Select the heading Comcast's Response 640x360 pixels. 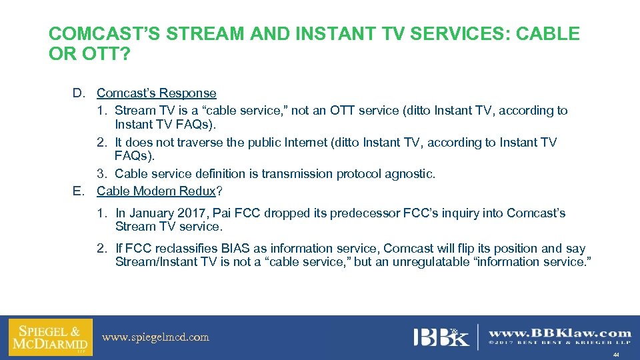[x=157, y=93]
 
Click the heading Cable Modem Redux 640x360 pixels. [x=157, y=191]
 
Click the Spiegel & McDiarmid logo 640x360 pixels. [x=51, y=337]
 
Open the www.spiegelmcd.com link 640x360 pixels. [x=155, y=337]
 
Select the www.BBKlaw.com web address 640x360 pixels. [x=560, y=332]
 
